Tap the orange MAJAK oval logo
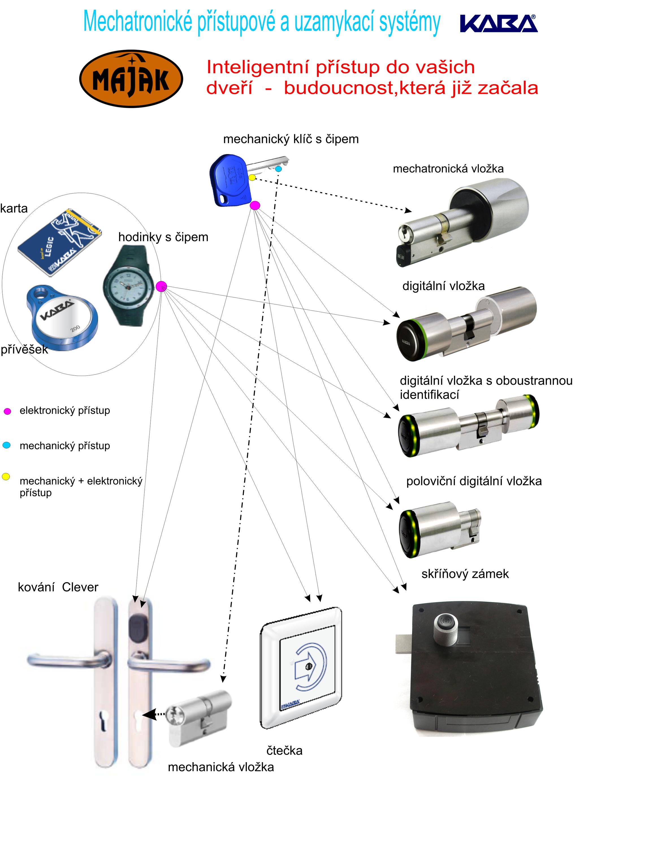point(131,78)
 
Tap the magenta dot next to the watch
point(161,287)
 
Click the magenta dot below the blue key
point(255,205)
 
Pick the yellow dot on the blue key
point(252,178)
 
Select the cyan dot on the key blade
point(278,169)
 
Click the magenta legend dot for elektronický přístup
point(7,412)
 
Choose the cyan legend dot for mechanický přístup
point(7,445)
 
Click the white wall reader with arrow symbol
point(301,668)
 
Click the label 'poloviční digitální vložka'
point(474,481)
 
